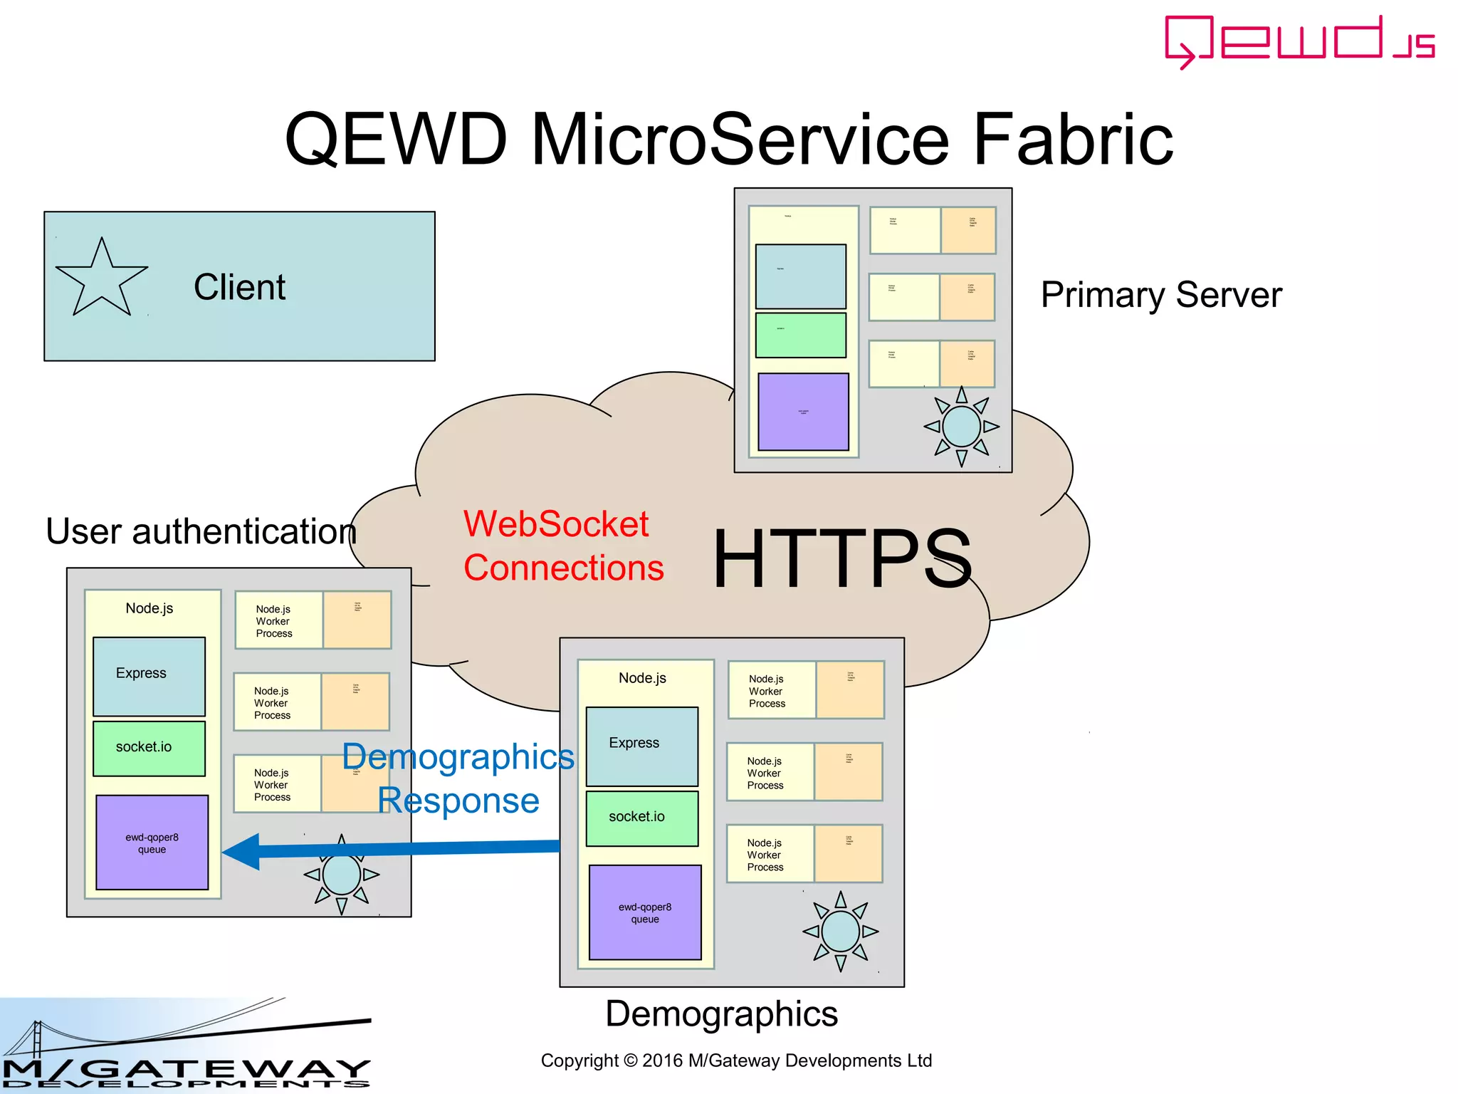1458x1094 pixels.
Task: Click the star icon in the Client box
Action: (x=101, y=280)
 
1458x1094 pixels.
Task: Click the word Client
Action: (x=239, y=288)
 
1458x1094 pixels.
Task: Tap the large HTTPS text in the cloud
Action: (x=842, y=559)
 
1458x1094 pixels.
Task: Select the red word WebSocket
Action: (x=556, y=524)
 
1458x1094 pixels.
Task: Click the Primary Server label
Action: (x=1160, y=295)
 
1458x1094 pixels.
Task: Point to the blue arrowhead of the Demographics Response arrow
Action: (x=240, y=851)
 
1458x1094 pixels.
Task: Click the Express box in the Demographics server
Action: (x=641, y=746)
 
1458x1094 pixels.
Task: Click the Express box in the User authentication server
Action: (x=149, y=676)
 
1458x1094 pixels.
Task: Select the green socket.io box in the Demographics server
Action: (x=641, y=818)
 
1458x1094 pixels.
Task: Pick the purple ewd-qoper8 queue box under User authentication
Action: (x=152, y=843)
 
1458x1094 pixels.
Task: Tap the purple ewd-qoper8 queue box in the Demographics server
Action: (x=644, y=912)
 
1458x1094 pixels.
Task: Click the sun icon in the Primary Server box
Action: (x=961, y=427)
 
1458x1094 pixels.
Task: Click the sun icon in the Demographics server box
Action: (x=840, y=931)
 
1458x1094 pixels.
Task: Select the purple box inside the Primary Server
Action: (x=803, y=412)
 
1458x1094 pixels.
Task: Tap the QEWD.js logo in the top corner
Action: (x=1299, y=41)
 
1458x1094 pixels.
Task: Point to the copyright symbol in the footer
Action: (x=630, y=1061)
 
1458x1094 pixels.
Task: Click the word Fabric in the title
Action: (x=1072, y=139)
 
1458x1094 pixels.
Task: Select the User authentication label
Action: (x=201, y=532)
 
